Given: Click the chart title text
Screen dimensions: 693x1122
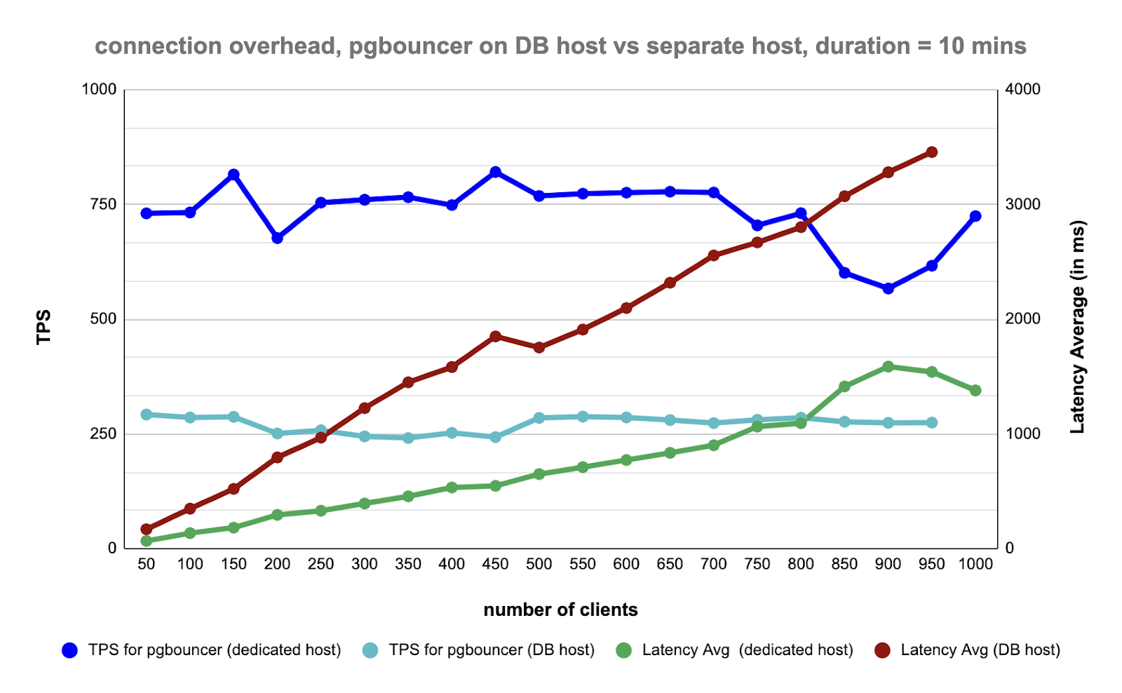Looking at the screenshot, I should pos(560,46).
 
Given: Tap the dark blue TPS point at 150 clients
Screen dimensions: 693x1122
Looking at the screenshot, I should pos(234,175).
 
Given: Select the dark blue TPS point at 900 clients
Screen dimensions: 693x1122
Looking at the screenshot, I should pos(888,288).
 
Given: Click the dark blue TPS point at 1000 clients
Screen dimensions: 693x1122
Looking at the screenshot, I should pos(975,216).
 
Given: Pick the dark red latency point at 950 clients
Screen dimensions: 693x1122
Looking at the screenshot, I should pos(932,152).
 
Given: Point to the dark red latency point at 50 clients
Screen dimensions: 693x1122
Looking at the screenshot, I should pos(147,530).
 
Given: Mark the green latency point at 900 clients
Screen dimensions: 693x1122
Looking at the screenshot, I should pos(888,367).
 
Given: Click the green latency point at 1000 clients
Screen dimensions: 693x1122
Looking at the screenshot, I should pos(975,391).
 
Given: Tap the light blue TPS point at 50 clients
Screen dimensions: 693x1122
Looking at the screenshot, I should pos(147,415).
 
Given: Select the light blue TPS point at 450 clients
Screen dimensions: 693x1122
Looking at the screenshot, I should pos(496,437).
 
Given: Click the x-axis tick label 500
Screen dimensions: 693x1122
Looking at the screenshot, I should pos(539,565).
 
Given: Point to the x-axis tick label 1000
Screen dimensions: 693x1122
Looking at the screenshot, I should pos(975,565).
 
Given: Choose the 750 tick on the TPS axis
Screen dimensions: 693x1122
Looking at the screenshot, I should pos(102,204).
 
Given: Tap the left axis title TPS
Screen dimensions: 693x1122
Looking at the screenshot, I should pos(44,327).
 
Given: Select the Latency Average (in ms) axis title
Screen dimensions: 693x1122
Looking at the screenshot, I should pos(1077,327).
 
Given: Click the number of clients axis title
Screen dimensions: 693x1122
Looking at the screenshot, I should pos(560,610).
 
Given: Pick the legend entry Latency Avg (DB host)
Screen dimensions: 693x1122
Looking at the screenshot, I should pos(980,650).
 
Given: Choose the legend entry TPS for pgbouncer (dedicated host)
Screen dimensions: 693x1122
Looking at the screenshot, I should pos(214,650).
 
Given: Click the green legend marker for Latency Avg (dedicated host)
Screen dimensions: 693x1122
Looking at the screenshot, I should pos(623,651).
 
